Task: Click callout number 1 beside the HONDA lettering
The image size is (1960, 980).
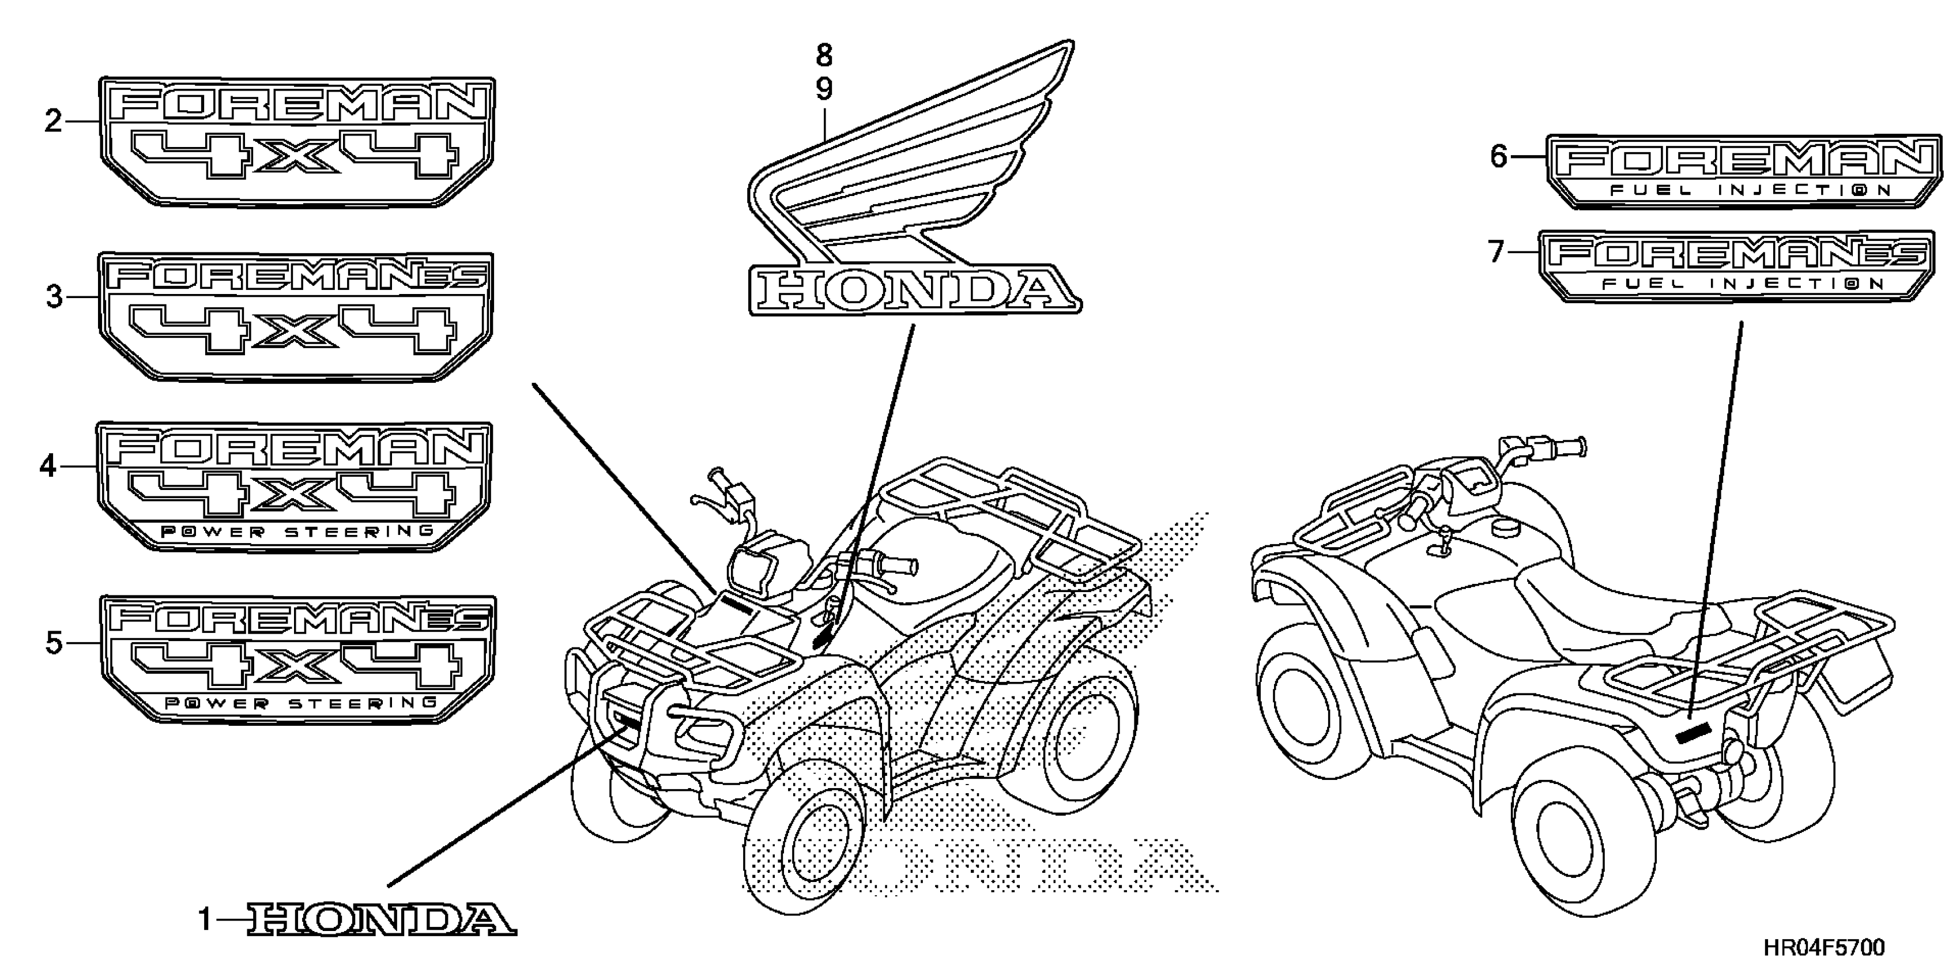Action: tap(205, 921)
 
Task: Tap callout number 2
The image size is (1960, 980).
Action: tap(53, 121)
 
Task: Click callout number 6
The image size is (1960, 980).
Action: tap(1498, 157)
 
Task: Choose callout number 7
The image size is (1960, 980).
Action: tap(1496, 251)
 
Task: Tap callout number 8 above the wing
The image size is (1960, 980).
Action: tap(824, 55)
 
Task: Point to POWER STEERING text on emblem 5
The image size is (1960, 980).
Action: tap(300, 703)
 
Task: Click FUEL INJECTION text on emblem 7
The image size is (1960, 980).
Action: tap(1743, 284)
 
